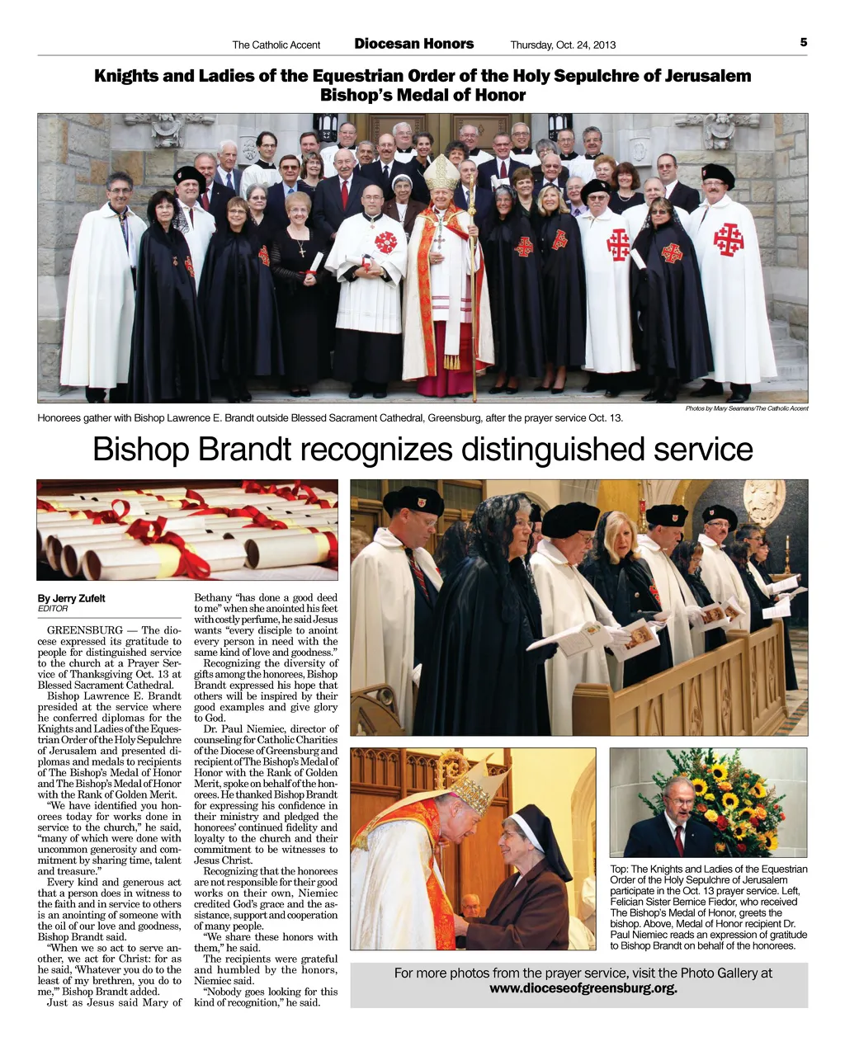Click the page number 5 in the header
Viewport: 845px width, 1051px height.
[x=803, y=42]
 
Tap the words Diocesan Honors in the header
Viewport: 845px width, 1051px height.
[x=414, y=44]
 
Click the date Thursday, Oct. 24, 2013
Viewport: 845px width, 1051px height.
[x=563, y=45]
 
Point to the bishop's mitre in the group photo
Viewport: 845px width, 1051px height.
[x=441, y=172]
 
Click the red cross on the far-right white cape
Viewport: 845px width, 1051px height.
[x=729, y=238]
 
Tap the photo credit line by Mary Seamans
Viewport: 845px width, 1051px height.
[x=746, y=408]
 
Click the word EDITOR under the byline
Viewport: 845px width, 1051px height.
[x=53, y=609]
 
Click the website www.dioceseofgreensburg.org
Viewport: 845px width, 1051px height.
[x=583, y=988]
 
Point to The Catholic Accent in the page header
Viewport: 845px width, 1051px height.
[x=276, y=45]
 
